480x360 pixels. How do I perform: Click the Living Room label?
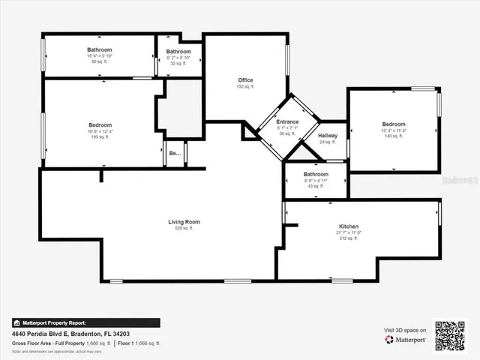(x=183, y=221)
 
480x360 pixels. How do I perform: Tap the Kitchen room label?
(x=348, y=226)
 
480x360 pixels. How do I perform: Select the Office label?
(x=245, y=80)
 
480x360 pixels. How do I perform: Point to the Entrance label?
(x=287, y=121)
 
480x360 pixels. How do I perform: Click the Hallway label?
(x=328, y=136)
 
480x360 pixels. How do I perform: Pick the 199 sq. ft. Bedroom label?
(x=100, y=124)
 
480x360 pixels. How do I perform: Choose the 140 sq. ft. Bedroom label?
(x=393, y=124)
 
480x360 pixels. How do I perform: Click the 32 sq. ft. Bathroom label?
(x=178, y=51)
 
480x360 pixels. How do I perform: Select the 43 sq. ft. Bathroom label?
(x=316, y=174)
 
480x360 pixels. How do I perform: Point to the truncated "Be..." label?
(x=175, y=153)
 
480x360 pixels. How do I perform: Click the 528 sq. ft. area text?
(x=183, y=228)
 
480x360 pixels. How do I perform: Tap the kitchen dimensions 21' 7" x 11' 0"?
(x=348, y=233)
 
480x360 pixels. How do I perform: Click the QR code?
(x=450, y=334)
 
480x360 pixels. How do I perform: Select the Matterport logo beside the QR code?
(x=406, y=340)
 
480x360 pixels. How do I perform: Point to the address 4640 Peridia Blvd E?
(x=70, y=334)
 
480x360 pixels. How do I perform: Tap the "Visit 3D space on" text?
(x=406, y=330)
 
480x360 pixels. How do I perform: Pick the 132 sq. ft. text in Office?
(x=245, y=87)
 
